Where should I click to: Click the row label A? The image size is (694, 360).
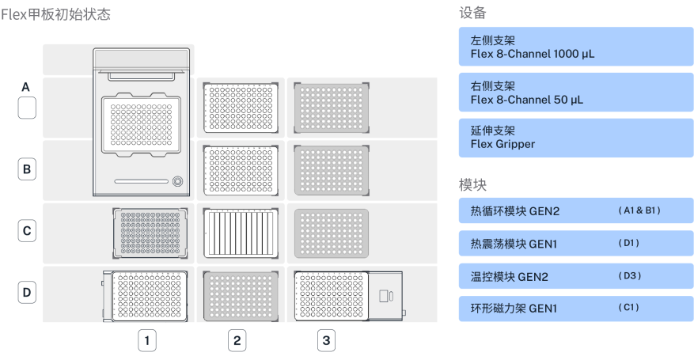(27, 87)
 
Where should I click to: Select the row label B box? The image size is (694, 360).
(27, 169)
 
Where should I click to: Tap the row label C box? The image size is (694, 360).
(27, 231)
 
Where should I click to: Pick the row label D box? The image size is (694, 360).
(27, 292)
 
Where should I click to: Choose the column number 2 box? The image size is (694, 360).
(236, 340)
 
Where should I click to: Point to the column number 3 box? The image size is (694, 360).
(324, 340)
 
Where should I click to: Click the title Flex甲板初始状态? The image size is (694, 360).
(55, 15)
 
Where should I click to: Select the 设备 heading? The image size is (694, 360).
(472, 13)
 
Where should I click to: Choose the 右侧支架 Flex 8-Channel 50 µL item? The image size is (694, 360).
(575, 93)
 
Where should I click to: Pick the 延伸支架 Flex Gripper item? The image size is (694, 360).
(575, 138)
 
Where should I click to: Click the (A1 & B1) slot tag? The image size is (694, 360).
(639, 210)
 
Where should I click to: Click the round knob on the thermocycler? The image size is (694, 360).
(176, 181)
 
